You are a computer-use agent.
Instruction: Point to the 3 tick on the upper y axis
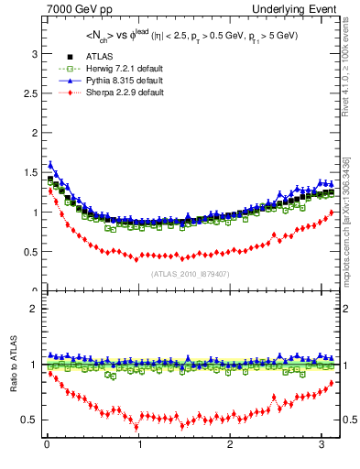click(x=34, y=54)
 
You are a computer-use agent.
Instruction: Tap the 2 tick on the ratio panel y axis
click(x=34, y=309)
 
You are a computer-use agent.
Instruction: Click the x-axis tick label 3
click(x=322, y=447)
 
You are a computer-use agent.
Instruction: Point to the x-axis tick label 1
click(x=139, y=447)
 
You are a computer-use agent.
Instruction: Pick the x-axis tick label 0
click(x=47, y=447)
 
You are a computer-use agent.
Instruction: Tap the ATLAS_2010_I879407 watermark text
click(x=191, y=273)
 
